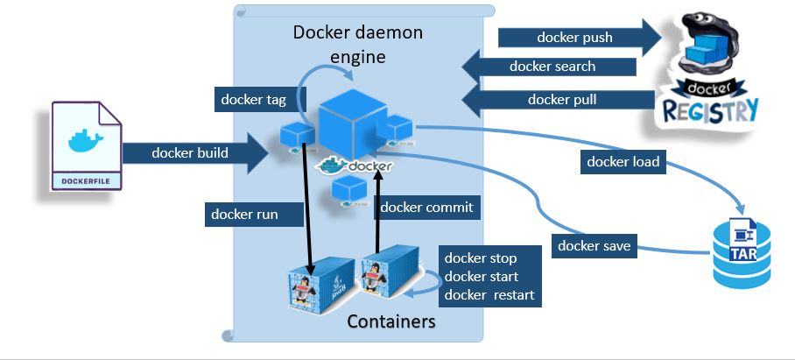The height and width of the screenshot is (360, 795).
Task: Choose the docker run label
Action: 244,213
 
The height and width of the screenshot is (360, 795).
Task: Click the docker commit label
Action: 426,208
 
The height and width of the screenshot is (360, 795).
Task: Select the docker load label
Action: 623,161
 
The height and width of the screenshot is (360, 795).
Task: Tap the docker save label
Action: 594,245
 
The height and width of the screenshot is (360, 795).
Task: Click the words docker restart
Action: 489,294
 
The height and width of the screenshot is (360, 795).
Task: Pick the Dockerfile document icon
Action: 86,145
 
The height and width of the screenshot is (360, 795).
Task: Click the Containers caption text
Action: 390,321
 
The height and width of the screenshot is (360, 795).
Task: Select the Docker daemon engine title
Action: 357,44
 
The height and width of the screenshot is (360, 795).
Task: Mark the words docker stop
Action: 480,258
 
